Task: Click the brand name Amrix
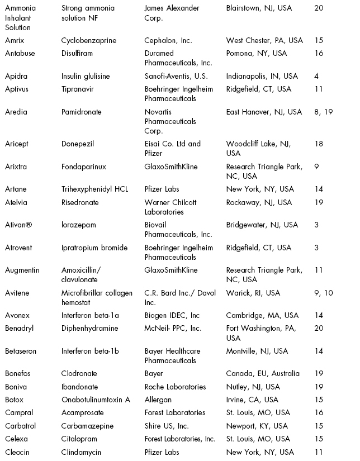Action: pos(15,41)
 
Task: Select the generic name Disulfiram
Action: pos(77,54)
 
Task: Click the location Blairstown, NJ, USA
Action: pos(259,8)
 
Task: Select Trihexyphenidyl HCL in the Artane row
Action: pos(94,189)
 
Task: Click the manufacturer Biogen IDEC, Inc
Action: pos(172,316)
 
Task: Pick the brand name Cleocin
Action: pos(18,452)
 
